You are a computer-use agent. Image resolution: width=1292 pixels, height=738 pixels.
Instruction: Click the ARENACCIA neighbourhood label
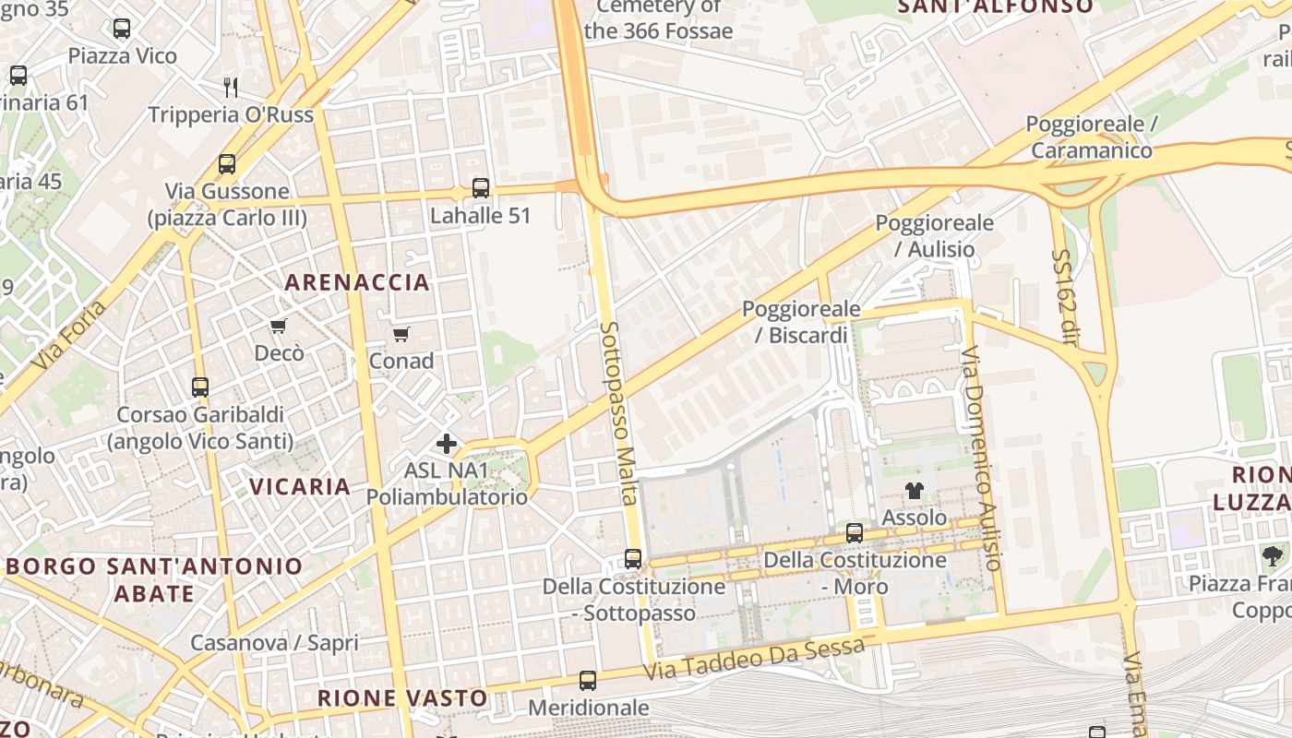tap(357, 282)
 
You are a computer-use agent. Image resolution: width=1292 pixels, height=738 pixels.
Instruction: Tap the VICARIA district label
tap(300, 486)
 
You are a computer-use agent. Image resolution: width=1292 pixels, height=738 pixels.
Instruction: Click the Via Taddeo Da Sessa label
tap(754, 659)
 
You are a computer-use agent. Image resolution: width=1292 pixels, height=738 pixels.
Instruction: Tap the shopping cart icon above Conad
tap(401, 334)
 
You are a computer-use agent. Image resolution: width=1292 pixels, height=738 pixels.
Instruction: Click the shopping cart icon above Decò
tap(278, 327)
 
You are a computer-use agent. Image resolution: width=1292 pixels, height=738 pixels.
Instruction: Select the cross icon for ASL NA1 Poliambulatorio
tap(447, 444)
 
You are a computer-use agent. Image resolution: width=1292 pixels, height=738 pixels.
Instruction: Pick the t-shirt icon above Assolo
tap(914, 491)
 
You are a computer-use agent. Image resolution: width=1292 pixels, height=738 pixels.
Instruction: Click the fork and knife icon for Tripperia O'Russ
tap(231, 88)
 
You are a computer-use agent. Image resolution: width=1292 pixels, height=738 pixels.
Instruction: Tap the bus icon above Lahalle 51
tap(480, 188)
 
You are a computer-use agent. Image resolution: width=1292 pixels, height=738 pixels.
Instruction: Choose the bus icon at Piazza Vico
tap(122, 29)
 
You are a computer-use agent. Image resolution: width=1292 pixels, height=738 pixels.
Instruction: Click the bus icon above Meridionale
tap(588, 681)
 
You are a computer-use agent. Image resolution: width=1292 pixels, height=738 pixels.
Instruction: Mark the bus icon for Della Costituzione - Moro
tap(855, 533)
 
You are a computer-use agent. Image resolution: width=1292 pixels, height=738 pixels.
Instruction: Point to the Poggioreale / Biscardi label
tap(801, 322)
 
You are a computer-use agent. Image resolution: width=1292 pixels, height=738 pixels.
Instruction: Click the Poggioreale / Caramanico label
tap(1091, 137)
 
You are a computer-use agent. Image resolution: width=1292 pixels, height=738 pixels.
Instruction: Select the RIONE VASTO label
tap(402, 698)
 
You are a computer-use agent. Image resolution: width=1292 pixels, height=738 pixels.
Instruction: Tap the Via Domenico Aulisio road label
tap(980, 458)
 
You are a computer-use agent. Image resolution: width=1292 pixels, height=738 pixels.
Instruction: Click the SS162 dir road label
tap(1065, 297)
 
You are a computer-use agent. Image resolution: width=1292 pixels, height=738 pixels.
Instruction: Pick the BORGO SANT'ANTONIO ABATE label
tap(154, 579)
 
